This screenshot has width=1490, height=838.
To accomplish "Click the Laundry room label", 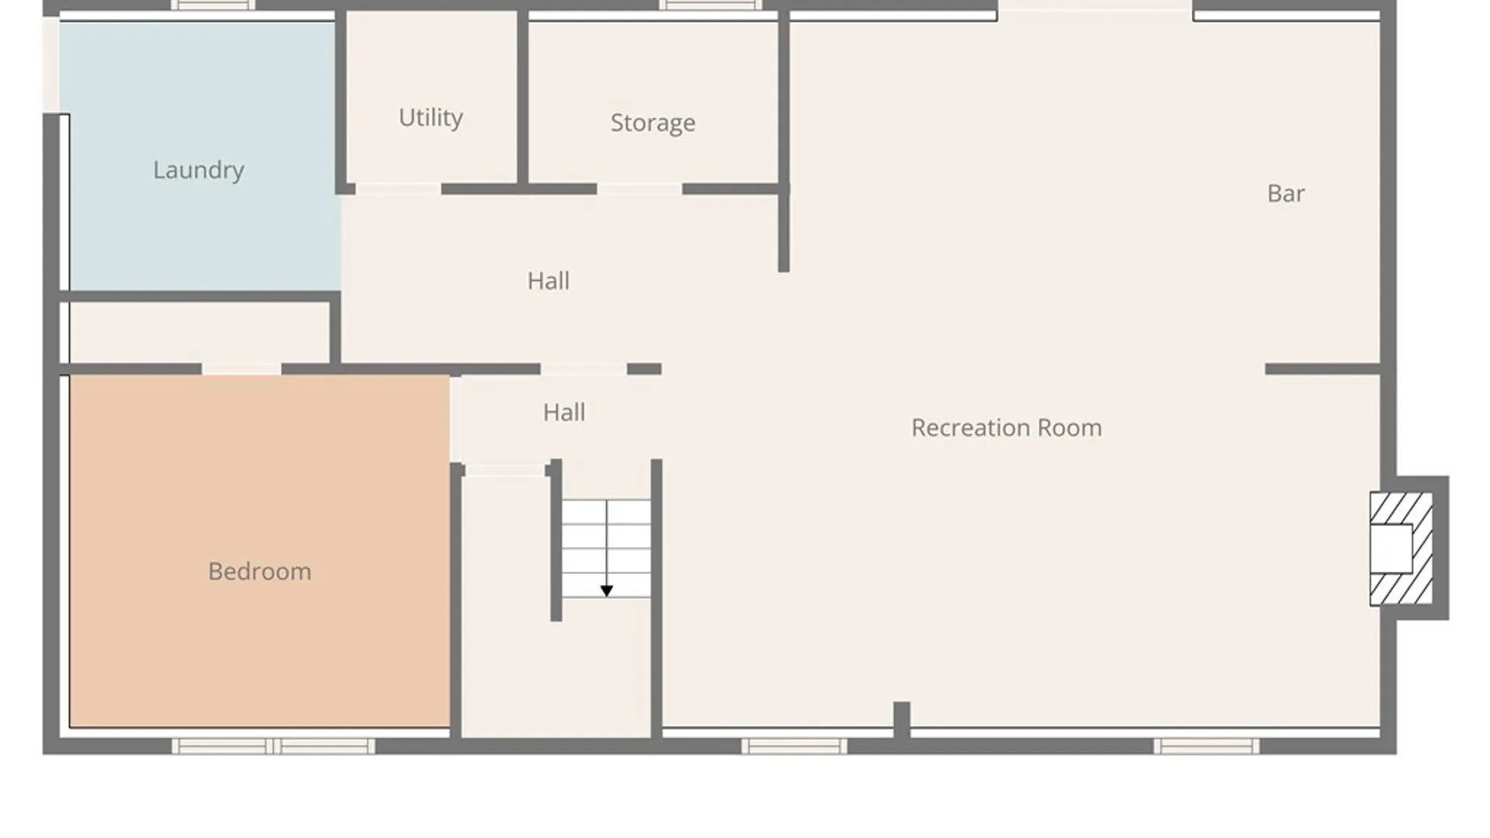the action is [199, 170].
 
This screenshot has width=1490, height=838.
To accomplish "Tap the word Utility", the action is [431, 117].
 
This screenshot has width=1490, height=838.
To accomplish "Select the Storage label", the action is [653, 123].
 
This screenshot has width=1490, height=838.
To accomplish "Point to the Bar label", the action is [1286, 193].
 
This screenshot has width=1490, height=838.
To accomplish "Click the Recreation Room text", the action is [1007, 428].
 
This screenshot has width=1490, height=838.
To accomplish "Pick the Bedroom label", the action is [260, 571].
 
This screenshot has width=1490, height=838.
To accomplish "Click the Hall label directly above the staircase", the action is [564, 412].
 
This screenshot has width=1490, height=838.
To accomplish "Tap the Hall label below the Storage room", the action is [549, 281].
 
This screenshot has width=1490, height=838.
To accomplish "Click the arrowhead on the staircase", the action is [607, 591].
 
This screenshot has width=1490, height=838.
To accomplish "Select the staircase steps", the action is [606, 549].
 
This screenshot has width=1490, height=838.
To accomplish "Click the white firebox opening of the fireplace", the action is [1391, 549].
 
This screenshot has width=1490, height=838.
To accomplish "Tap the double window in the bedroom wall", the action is [273, 746].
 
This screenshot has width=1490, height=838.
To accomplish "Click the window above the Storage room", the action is [711, 5].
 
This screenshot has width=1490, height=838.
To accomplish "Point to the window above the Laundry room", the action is [213, 5].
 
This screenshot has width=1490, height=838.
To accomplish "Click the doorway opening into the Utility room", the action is [398, 189].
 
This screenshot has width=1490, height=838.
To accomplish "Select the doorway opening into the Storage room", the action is [639, 189].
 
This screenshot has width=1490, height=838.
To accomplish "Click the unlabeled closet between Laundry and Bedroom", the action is [199, 332].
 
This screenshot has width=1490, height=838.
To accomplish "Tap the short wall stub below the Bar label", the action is [1322, 369].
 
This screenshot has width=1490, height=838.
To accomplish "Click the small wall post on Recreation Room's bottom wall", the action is [902, 719].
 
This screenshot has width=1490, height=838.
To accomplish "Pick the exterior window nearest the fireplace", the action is [1207, 746].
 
